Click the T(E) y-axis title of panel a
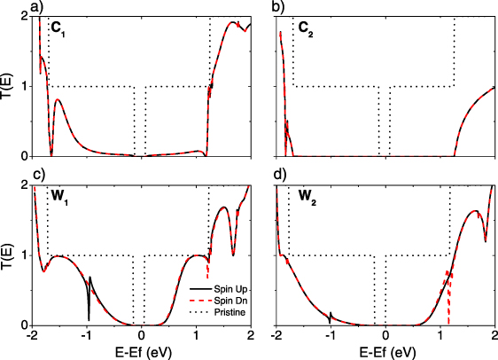(8, 86)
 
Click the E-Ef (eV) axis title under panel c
(142, 351)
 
